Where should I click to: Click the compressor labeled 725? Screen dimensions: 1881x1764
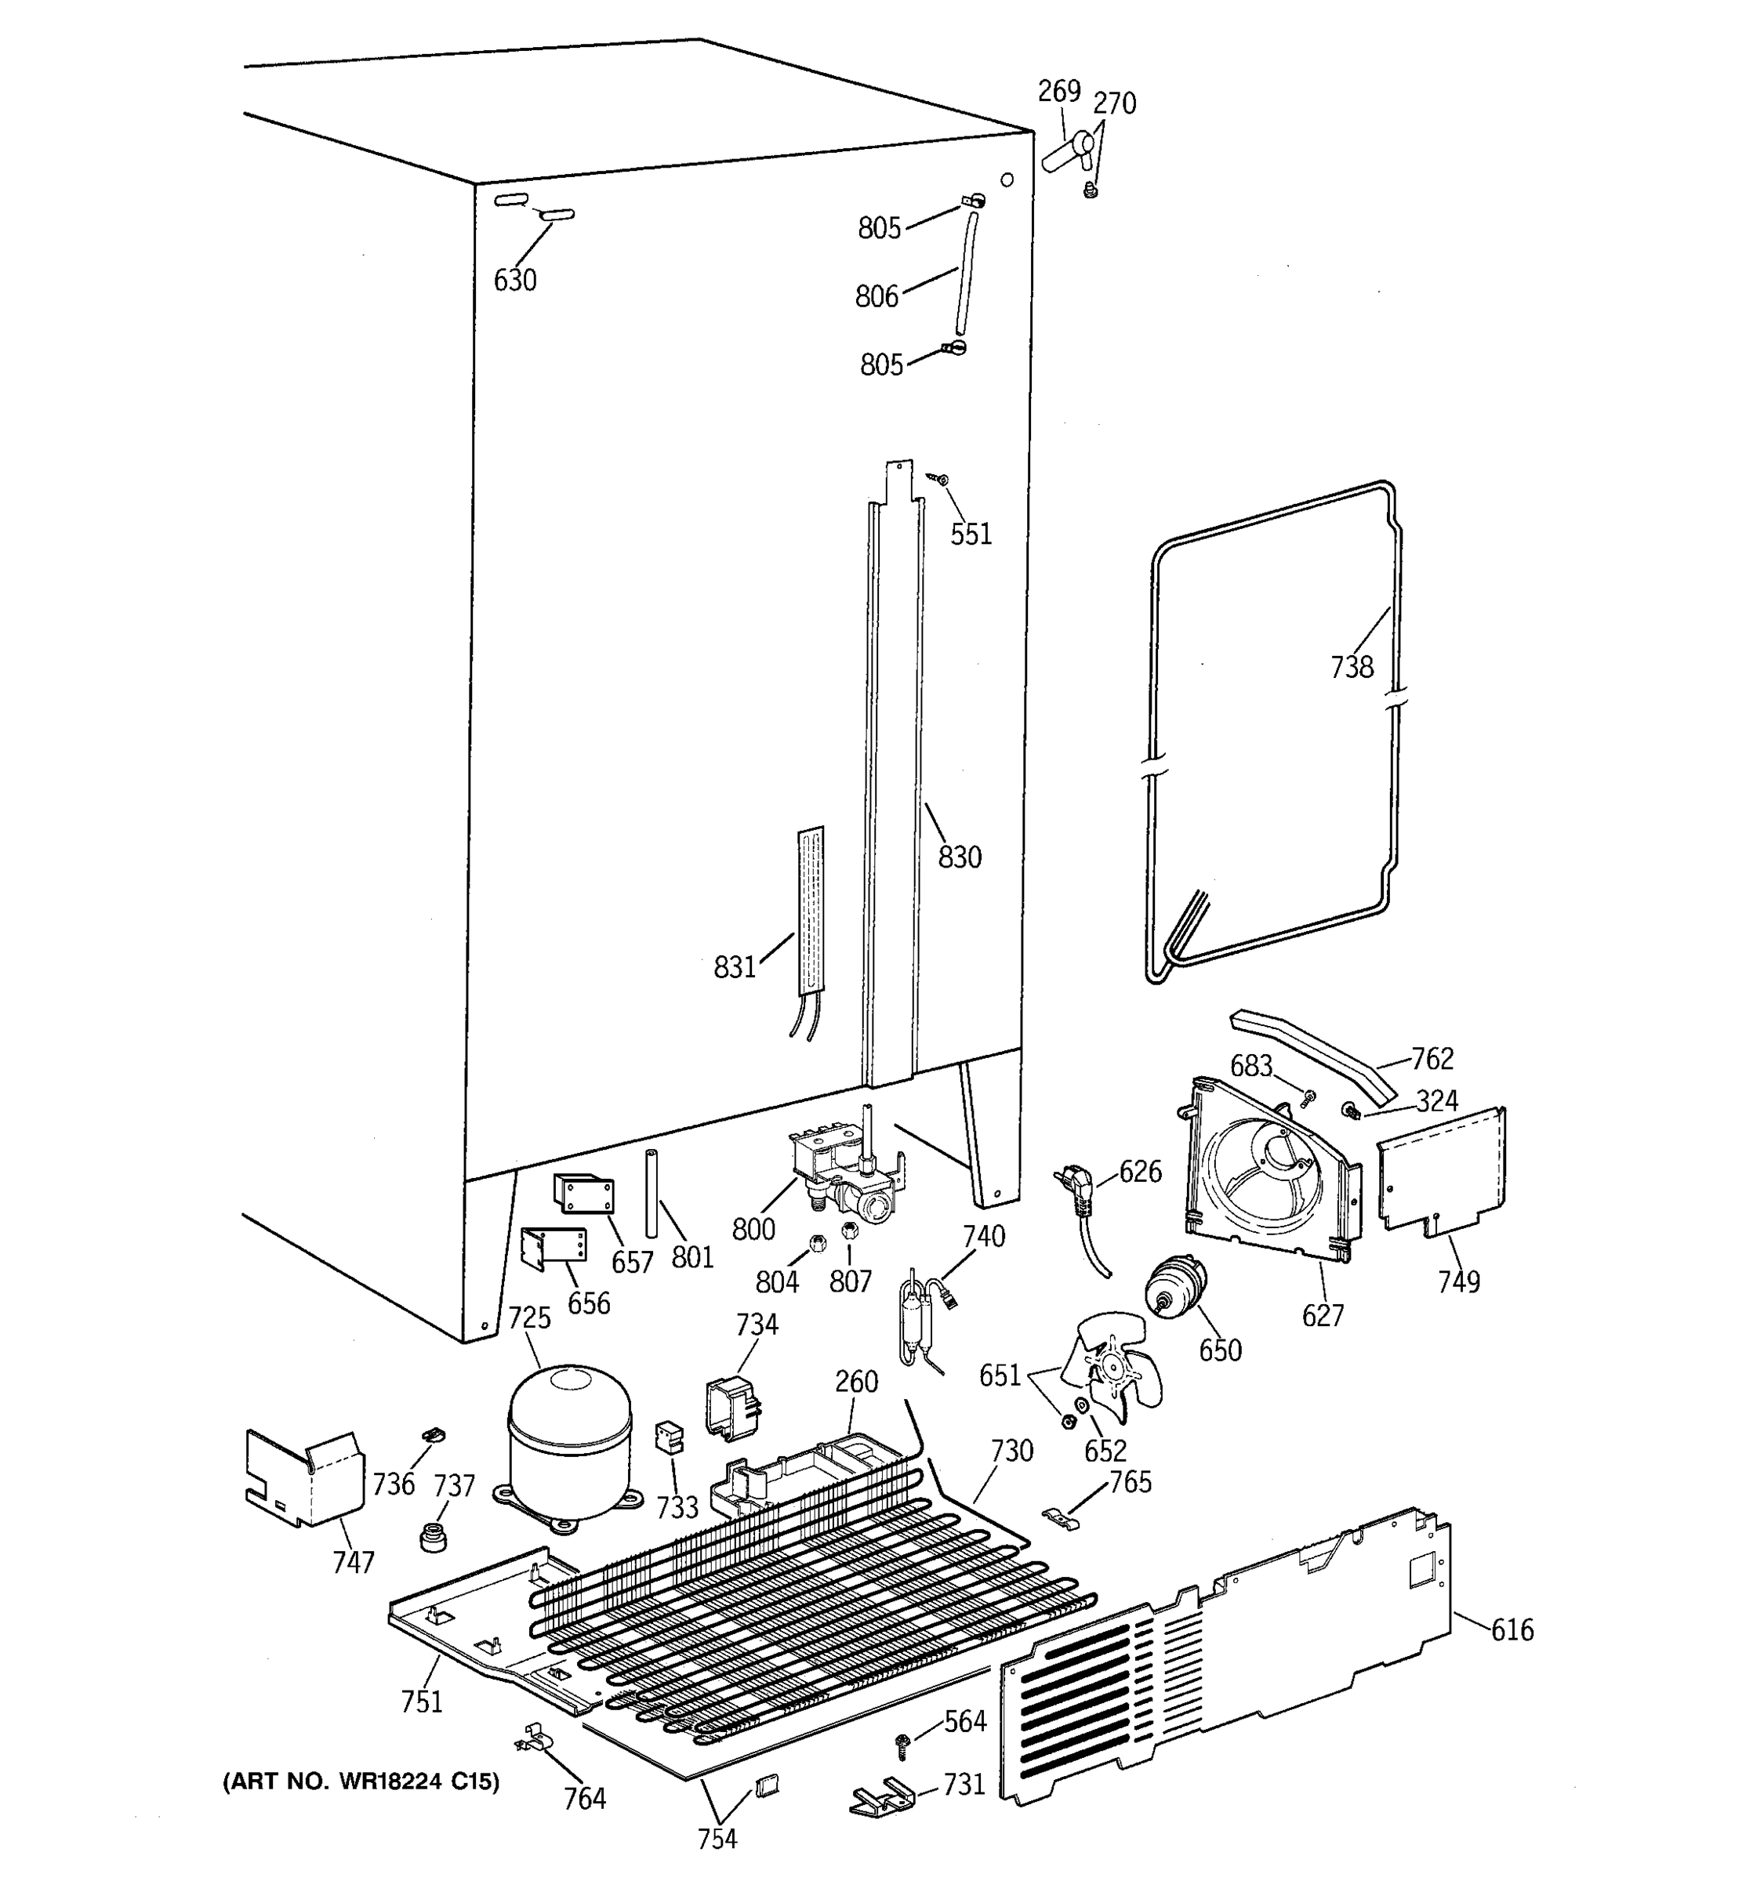point(568,1444)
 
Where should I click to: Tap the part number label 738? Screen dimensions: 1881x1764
point(1351,668)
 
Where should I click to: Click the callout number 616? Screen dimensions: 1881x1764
point(1512,1629)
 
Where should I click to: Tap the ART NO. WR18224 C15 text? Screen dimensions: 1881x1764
point(361,1782)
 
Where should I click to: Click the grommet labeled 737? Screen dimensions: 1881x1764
point(434,1537)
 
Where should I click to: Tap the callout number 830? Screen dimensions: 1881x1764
point(959,857)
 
